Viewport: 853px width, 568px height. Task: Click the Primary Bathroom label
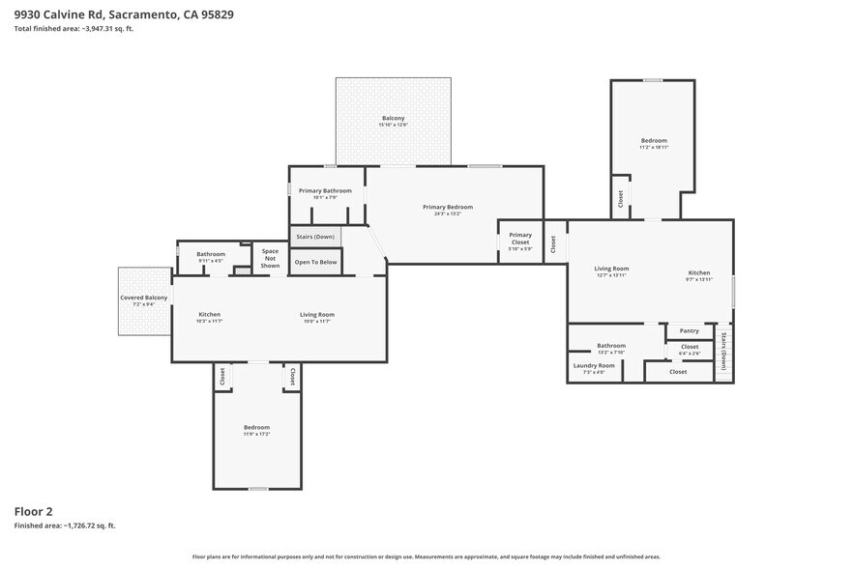pos(325,191)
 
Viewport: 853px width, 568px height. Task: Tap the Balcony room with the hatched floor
pos(394,121)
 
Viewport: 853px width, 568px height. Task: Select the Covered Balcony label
pos(143,298)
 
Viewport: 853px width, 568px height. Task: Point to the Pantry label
pos(689,331)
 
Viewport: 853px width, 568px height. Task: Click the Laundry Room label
pos(594,365)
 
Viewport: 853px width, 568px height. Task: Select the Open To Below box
pos(315,262)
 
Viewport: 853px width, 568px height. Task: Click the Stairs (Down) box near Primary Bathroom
pos(315,237)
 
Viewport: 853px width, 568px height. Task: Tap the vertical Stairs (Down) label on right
pos(724,352)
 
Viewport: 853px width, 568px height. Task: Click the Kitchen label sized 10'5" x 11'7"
pos(210,315)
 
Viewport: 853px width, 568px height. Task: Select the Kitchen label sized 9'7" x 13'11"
pos(699,273)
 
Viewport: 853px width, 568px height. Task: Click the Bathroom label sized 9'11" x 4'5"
pos(211,254)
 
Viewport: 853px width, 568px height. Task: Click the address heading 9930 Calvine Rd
pos(124,14)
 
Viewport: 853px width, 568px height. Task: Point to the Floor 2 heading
pos(34,510)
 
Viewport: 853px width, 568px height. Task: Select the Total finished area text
pos(74,29)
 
